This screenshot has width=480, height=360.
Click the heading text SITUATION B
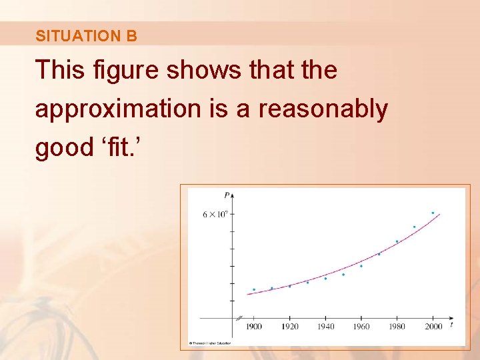tap(86, 36)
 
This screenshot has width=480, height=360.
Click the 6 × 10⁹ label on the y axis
tap(215, 214)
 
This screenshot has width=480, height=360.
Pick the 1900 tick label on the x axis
tap(254, 327)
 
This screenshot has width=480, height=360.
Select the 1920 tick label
tap(290, 327)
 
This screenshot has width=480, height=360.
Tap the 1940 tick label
tap(326, 327)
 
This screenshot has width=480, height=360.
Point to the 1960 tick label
tap(361, 327)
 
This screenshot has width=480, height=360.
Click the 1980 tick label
tap(397, 327)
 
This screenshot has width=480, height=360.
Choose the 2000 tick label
tap(433, 327)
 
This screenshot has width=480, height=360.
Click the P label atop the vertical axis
tap(227, 195)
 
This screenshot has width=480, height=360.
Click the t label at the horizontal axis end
tap(451, 325)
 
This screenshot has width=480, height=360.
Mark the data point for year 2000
tap(433, 213)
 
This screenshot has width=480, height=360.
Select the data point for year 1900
tap(254, 289)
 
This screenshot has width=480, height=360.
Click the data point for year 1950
tap(343, 275)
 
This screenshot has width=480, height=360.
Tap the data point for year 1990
tap(414, 227)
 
